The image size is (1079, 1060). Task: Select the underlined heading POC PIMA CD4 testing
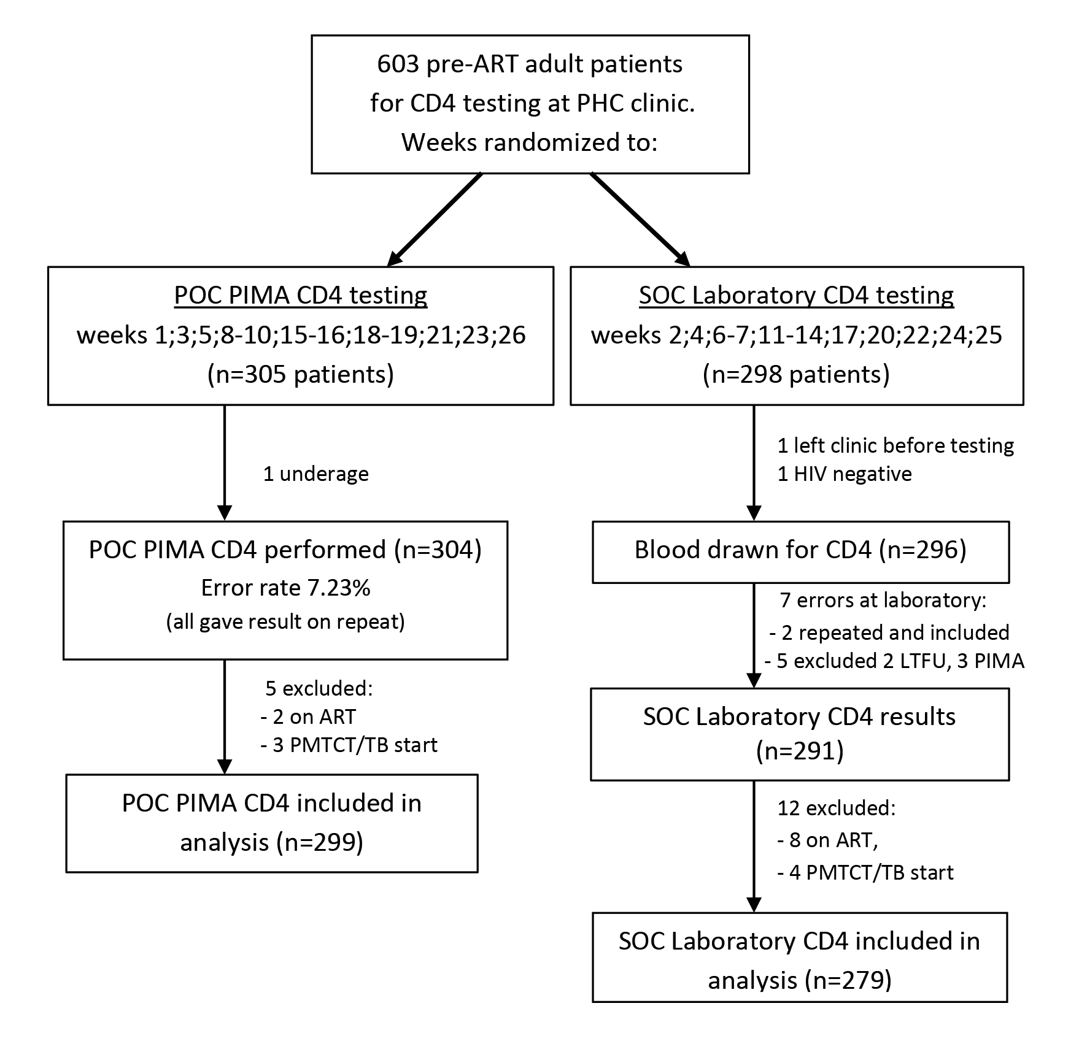(x=301, y=295)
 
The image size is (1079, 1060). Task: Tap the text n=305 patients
(x=301, y=374)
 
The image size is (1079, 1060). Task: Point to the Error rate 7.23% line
(x=285, y=588)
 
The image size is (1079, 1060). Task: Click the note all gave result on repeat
(x=285, y=622)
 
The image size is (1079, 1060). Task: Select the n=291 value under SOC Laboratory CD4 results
(x=799, y=751)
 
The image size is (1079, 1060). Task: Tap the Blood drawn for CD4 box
(x=800, y=551)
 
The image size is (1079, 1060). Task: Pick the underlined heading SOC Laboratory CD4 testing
(x=797, y=295)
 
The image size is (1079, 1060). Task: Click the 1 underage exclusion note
(x=316, y=474)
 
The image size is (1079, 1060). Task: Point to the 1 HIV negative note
(x=845, y=474)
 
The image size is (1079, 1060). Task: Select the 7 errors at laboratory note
(x=881, y=600)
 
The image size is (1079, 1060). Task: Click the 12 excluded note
(x=837, y=808)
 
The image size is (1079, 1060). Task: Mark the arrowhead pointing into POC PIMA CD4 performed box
(x=225, y=512)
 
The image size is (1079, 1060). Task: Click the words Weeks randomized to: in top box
(x=529, y=142)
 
